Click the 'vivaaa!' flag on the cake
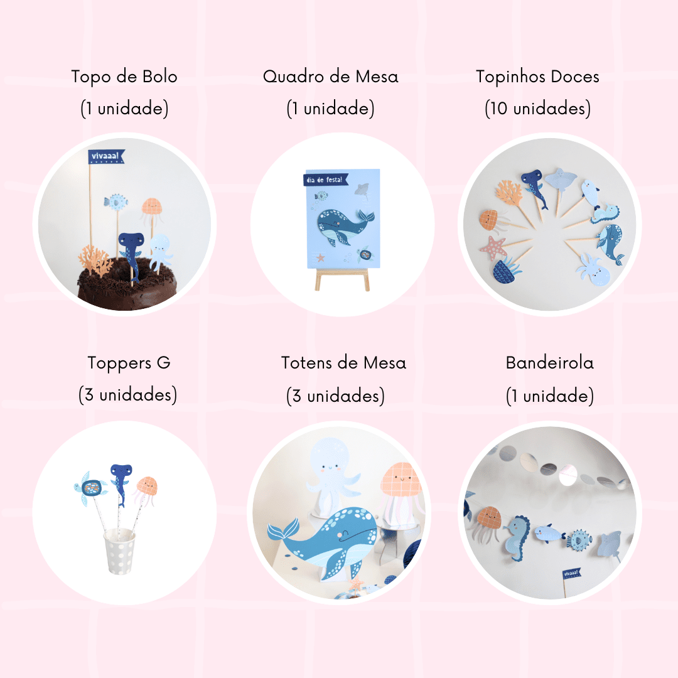(106, 156)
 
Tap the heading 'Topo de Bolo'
(124, 77)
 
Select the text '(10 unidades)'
(537, 109)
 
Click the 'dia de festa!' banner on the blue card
(326, 180)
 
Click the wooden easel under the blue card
(342, 280)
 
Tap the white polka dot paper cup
(120, 551)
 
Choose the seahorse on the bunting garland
(516, 539)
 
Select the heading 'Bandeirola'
(549, 363)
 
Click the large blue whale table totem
(325, 541)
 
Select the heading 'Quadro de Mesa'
(330, 77)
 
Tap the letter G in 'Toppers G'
(163, 362)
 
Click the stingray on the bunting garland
(609, 546)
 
